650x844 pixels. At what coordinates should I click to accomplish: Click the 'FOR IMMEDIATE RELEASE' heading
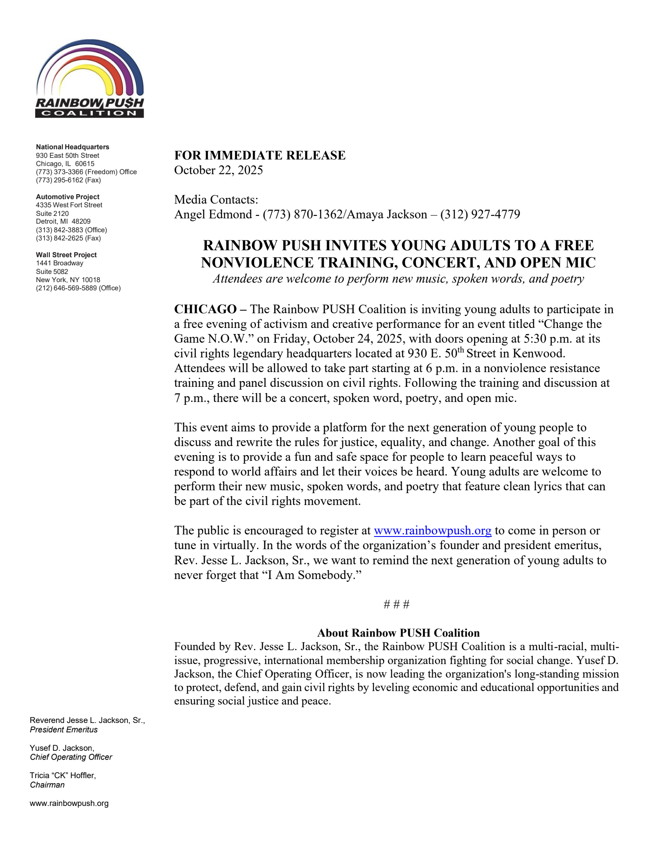260,155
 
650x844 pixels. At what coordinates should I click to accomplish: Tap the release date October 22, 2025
218,170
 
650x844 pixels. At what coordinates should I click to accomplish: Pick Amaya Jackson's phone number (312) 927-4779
480,214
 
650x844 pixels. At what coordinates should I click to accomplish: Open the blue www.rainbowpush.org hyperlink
433,531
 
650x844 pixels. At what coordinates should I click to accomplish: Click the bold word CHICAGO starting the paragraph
205,309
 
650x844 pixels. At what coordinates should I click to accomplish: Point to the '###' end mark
397,604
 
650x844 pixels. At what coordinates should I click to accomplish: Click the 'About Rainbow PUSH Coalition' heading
398,633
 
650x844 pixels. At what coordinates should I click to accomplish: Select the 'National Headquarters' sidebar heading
73,147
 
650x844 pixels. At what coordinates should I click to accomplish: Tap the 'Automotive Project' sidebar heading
68,197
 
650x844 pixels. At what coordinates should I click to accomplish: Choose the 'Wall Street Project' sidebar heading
67,255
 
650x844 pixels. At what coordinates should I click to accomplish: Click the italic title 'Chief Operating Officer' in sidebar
71,757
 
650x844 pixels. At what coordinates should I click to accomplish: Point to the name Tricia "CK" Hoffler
63,775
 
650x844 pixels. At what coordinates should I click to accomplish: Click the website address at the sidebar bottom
69,803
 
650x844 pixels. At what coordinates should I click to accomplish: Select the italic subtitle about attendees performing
398,279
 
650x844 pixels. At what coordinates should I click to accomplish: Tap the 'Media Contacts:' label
216,200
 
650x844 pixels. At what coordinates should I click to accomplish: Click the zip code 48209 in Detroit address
81,222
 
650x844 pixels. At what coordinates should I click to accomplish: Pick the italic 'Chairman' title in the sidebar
47,785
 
